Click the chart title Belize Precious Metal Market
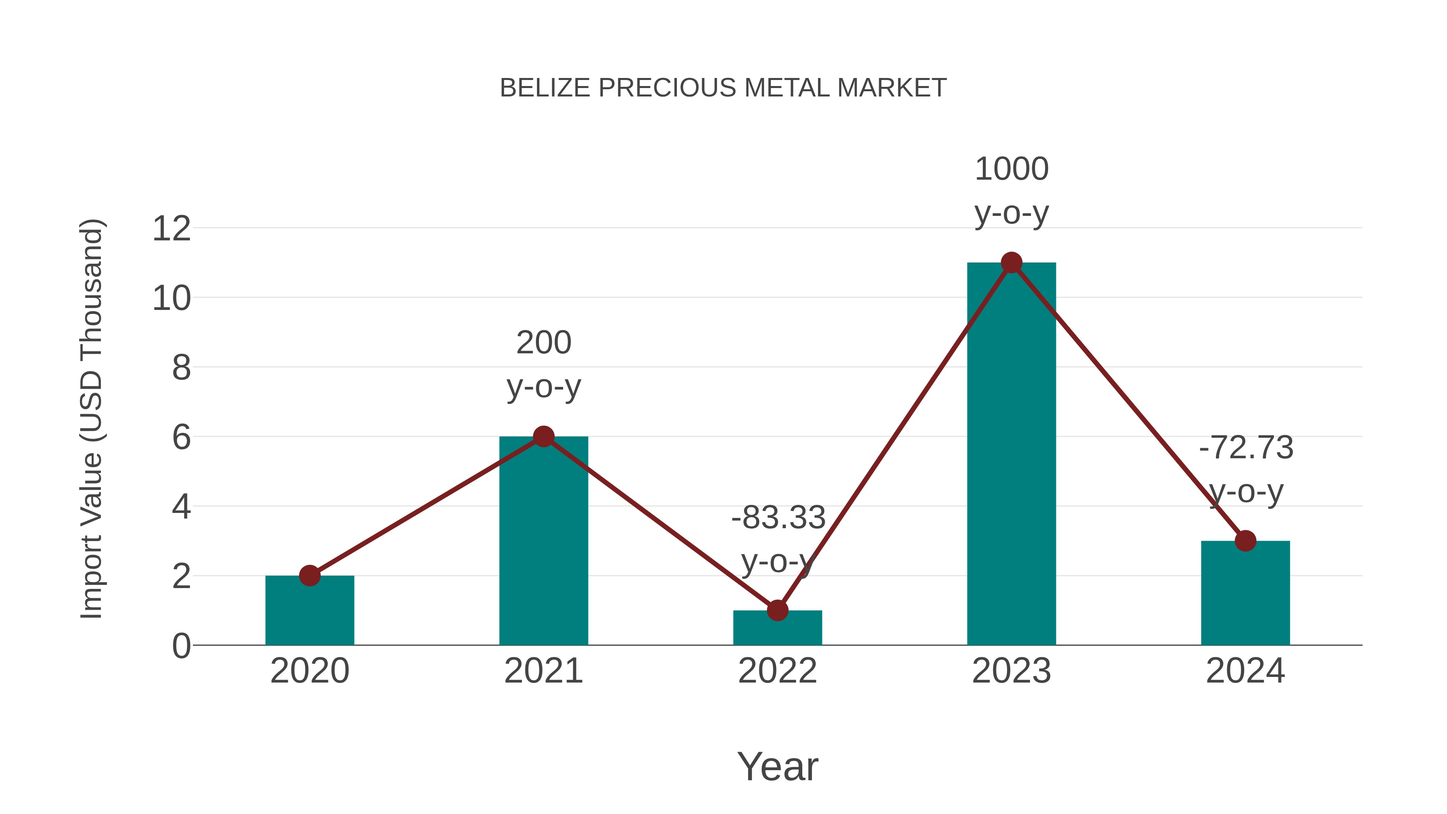(723, 88)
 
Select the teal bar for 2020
(309, 612)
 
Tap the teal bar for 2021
(543, 542)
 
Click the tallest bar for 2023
(1011, 455)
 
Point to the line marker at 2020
(309, 575)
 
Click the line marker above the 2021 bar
(543, 437)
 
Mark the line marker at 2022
(777, 610)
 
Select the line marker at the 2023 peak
(1011, 262)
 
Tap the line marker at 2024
(1245, 541)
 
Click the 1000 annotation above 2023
(1011, 169)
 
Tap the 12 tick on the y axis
(171, 229)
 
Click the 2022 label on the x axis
(777, 671)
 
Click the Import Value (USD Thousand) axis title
(91, 418)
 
